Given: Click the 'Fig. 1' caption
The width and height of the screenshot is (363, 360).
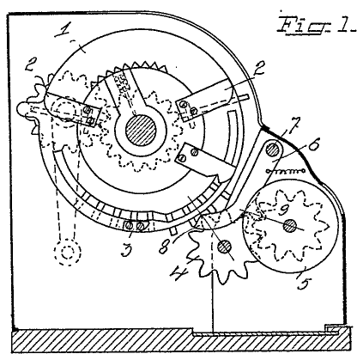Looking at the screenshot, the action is (316, 25).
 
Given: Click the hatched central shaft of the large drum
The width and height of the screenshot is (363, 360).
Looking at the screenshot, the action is (141, 130).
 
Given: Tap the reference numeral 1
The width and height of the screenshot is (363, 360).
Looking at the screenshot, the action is (64, 30).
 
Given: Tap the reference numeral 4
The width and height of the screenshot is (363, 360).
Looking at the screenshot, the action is (179, 272).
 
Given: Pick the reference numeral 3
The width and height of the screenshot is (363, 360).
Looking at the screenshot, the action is (127, 248).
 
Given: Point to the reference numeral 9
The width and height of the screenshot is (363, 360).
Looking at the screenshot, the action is (284, 211).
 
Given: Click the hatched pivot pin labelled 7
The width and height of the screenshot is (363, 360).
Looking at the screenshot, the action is (273, 149).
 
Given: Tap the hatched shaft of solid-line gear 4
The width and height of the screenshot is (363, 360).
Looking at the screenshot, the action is (225, 247).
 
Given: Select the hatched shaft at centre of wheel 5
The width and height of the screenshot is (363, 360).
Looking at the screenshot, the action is (290, 226).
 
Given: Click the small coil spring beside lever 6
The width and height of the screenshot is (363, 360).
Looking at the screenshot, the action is (285, 171).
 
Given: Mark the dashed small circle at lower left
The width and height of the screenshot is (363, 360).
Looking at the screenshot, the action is (68, 252).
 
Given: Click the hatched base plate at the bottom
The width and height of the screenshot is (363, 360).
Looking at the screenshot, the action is (180, 341).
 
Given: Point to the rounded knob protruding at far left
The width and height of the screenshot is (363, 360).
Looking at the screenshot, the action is (23, 108).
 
